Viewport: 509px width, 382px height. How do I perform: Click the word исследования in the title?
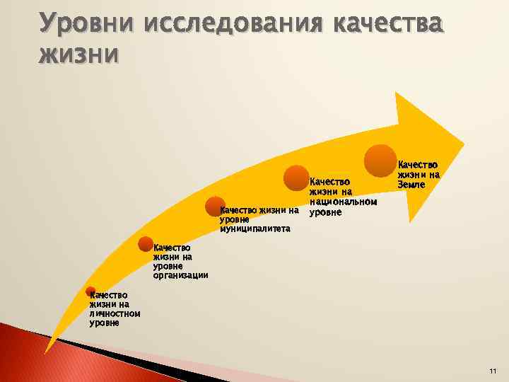(225, 23)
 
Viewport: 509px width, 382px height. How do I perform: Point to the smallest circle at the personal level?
(90, 291)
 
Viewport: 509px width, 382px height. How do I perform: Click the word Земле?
(411, 185)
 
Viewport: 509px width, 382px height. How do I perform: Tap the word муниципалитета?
(255, 228)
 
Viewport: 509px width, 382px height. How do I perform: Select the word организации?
(180, 275)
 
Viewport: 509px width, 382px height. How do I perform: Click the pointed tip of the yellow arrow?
(462, 141)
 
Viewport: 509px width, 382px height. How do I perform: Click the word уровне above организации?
(168, 266)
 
